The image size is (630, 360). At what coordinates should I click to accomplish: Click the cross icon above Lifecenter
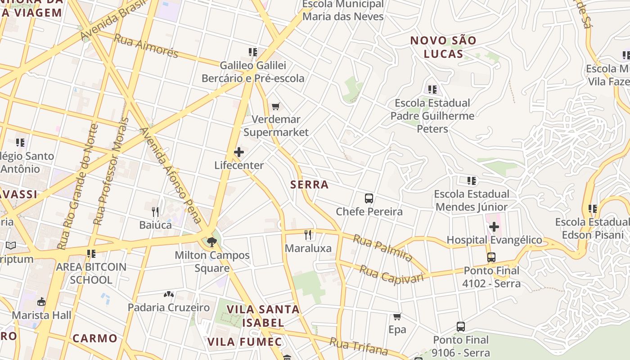[239, 152]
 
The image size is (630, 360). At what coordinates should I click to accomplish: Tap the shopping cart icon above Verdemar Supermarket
[275, 106]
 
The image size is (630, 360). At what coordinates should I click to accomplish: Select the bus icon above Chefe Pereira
[369, 198]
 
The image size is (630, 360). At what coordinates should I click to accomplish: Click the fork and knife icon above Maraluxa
[308, 234]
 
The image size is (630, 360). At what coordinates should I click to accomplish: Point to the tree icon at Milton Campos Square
[211, 242]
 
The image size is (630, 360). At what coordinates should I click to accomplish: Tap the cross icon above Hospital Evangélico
[494, 226]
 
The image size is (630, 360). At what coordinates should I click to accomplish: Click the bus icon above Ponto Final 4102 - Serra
[491, 257]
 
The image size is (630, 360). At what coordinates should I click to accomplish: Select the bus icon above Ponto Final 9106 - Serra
[460, 327]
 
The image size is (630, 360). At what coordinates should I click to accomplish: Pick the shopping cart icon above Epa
[397, 316]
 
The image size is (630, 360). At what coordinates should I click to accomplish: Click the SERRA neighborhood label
[310, 184]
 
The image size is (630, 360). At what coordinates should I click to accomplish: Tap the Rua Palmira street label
[382, 248]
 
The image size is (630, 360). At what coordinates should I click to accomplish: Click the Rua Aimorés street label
[146, 45]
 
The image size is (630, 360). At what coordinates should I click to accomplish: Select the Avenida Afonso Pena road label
[171, 175]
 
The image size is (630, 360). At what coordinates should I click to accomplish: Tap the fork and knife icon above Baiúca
[155, 211]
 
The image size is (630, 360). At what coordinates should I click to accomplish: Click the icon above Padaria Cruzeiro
[169, 294]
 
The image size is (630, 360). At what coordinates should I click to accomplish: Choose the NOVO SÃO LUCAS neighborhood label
[443, 47]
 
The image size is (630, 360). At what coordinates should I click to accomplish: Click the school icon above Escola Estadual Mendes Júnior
[471, 181]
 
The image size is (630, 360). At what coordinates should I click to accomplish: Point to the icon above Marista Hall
[41, 301]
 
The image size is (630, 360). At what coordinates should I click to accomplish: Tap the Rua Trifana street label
[359, 346]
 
